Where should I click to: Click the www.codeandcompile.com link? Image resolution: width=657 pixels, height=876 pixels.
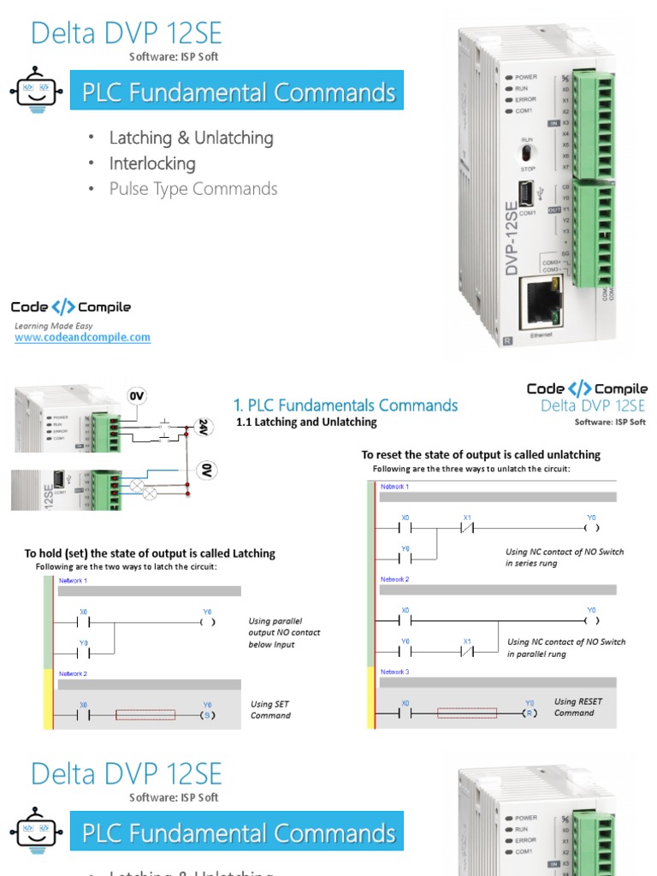82,337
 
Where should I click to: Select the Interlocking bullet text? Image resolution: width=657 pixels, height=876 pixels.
152,163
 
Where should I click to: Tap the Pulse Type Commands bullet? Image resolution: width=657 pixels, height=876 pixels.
193,189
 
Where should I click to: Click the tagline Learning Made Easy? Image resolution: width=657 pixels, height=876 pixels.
53,326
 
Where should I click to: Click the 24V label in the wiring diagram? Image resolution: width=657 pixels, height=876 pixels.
204,427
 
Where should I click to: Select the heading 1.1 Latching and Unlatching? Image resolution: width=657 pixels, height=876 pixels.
306,422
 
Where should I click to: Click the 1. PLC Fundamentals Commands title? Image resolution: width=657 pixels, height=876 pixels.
346,405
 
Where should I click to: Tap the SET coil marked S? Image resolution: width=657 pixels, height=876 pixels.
206,714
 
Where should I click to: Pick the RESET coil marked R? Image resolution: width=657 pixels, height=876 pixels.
530,712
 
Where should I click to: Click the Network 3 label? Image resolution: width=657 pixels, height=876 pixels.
394,672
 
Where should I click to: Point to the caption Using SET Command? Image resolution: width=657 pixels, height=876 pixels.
270,710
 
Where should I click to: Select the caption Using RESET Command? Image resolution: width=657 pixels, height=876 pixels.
577,707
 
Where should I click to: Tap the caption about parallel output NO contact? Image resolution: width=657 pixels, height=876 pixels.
284,632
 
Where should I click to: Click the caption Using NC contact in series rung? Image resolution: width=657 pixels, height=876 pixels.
565,558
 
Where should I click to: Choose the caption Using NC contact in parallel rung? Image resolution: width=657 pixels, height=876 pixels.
565,648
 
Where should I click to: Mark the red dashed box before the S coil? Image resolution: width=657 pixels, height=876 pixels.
145,714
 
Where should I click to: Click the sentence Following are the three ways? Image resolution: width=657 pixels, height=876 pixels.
471,469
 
